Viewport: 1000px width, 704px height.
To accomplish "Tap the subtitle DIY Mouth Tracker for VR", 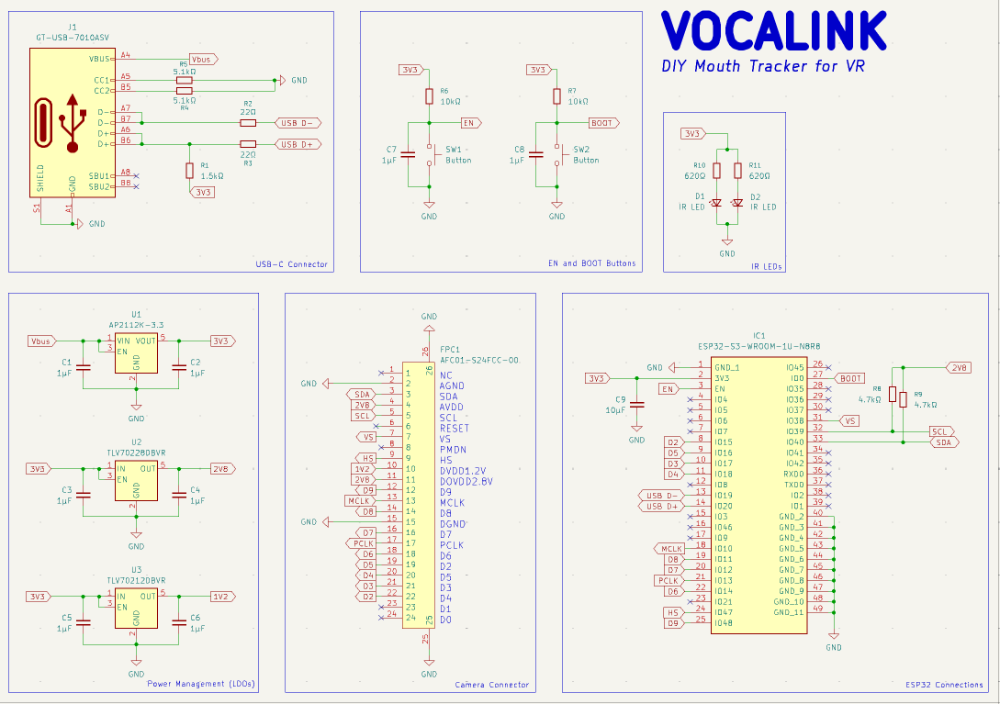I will pyautogui.click(x=763, y=66).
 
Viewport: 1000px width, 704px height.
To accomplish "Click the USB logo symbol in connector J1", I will pyautogui.click(x=73, y=122).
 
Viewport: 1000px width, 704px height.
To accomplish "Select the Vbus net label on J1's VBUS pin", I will pyautogui.click(x=201, y=59).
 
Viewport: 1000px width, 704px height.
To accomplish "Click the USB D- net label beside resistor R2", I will pyautogui.click(x=298, y=122).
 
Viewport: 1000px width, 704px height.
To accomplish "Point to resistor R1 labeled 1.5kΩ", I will pyautogui.click(x=189, y=170).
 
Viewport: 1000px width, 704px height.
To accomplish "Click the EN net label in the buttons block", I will pyautogui.click(x=468, y=122).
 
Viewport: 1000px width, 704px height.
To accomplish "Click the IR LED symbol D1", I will pyautogui.click(x=716, y=202).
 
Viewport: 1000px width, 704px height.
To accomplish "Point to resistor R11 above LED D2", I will pyautogui.click(x=738, y=170).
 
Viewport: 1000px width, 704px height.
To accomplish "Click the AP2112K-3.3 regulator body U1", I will pyautogui.click(x=136, y=354).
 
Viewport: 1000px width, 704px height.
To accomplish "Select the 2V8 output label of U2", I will pyautogui.click(x=221, y=468).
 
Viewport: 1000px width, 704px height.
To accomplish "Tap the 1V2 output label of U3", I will pyautogui.click(x=221, y=596).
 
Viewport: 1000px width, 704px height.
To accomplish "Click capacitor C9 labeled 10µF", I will pyautogui.click(x=636, y=405).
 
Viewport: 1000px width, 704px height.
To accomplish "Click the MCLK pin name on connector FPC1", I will pyautogui.click(x=452, y=502).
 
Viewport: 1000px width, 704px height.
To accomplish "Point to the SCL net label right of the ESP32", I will pyautogui.click(x=941, y=431).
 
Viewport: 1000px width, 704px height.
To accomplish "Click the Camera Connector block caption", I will pyautogui.click(x=492, y=685).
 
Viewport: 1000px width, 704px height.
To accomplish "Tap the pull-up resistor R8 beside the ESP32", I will pyautogui.click(x=892, y=394).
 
